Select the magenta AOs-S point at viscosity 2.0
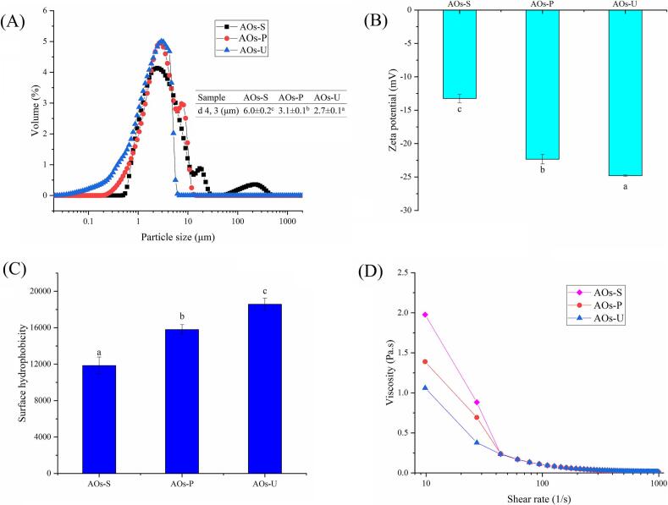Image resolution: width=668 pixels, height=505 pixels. click(x=425, y=315)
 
